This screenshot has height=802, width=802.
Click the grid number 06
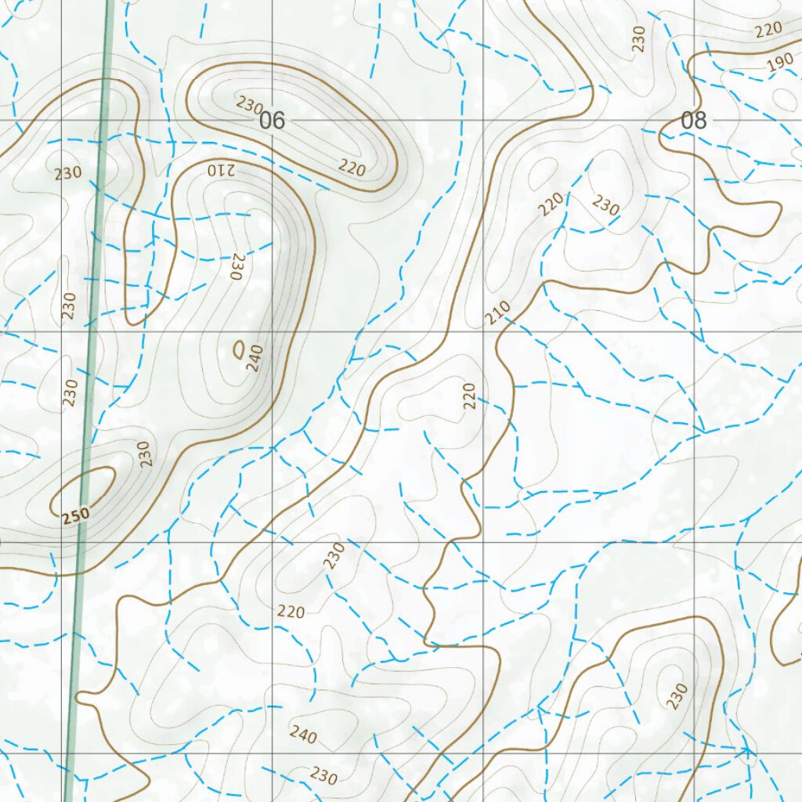(271, 121)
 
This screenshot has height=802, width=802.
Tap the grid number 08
(693, 121)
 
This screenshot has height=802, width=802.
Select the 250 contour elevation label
(76, 515)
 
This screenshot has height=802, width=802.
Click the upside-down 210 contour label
(222, 169)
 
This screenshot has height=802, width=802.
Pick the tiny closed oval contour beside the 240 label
(239, 349)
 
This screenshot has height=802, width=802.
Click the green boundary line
(92, 329)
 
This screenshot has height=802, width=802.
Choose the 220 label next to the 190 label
(768, 31)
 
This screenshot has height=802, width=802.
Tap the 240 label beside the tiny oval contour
(255, 358)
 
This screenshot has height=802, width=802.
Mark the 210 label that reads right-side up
(497, 312)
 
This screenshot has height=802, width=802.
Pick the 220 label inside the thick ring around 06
(352, 166)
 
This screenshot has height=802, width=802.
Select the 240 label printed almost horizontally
(303, 734)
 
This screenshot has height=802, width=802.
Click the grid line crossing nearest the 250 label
(61, 542)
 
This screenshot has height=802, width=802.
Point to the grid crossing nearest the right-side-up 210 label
(482, 331)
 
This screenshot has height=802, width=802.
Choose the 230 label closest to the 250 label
(143, 454)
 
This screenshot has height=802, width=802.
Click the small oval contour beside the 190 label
(784, 97)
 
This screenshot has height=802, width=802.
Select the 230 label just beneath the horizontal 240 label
(323, 775)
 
